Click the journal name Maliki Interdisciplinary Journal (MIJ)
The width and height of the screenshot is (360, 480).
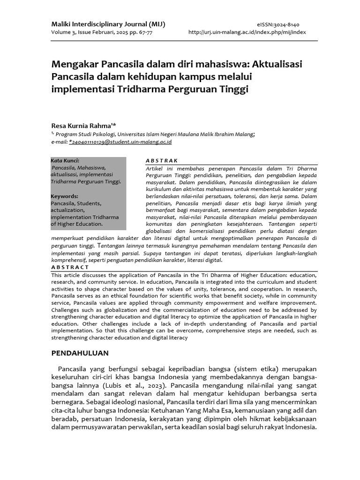108,24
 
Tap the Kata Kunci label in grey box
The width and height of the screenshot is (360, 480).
65,160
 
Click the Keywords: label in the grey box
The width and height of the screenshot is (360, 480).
64,196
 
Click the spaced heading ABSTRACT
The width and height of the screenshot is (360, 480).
70,267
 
